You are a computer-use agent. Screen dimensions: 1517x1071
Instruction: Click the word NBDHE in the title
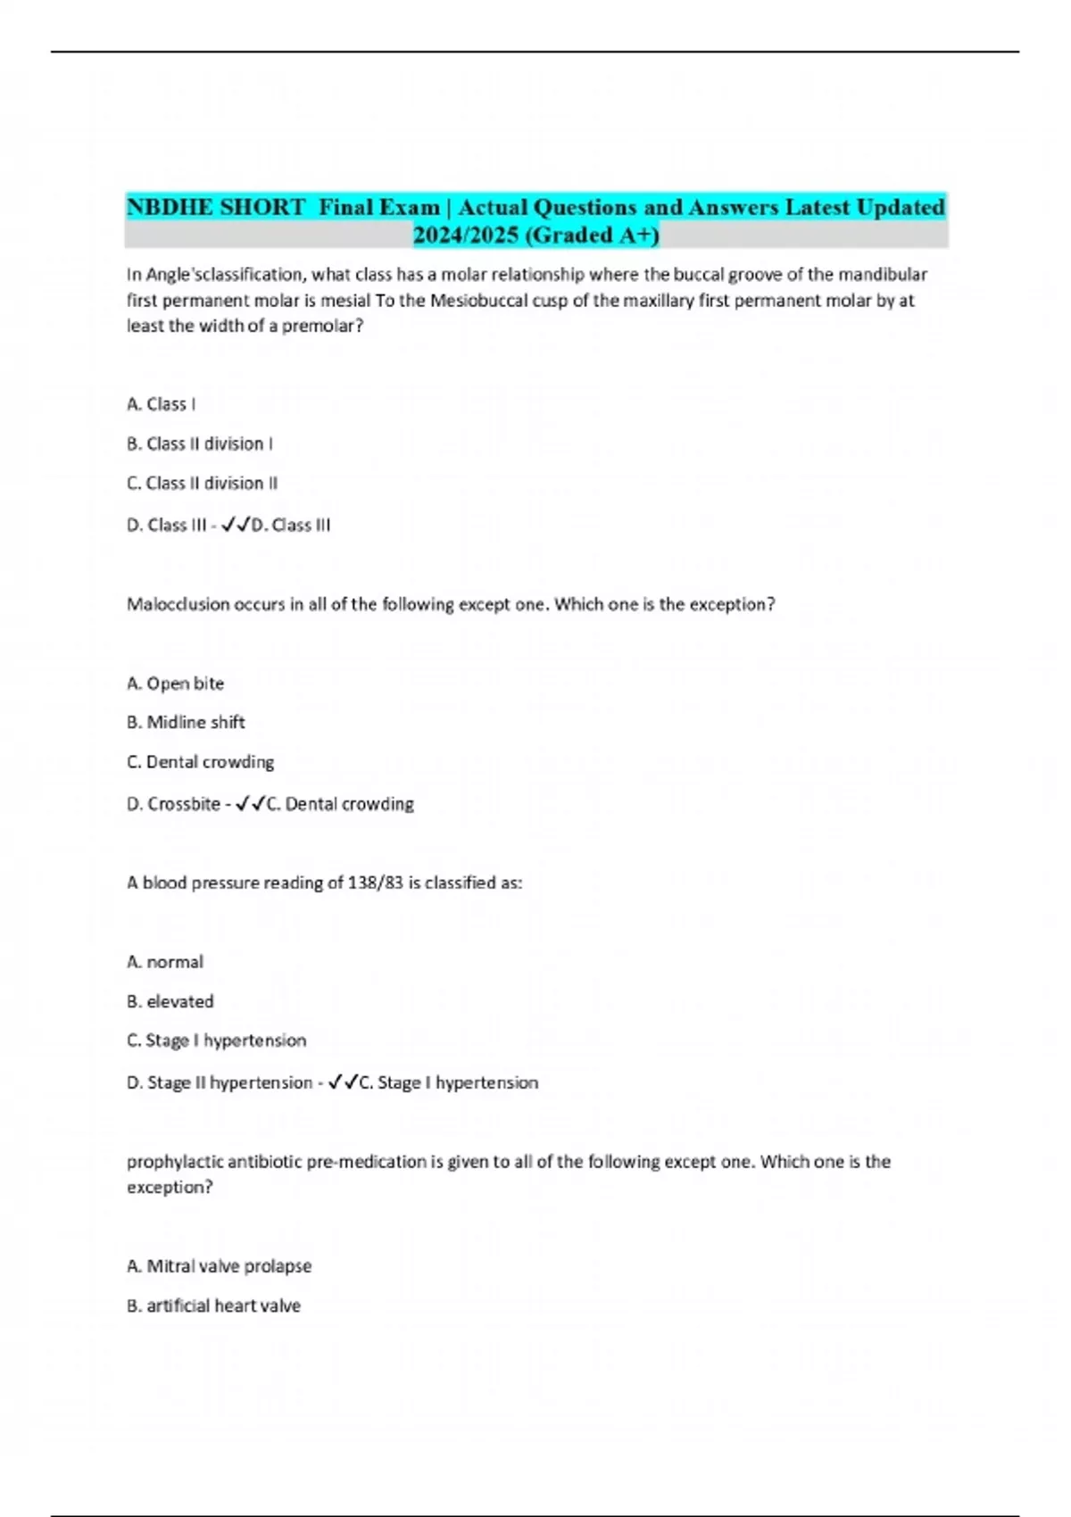click(x=170, y=207)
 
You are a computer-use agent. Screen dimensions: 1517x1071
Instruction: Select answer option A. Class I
click(x=162, y=404)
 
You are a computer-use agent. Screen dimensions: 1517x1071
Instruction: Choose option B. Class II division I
click(x=200, y=443)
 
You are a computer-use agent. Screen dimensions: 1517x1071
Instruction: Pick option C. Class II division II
click(x=203, y=484)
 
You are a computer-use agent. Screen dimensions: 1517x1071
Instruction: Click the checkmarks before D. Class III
click(x=236, y=526)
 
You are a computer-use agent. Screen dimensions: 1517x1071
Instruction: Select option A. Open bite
click(x=176, y=684)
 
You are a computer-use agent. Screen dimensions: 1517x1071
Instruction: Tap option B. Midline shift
click(x=186, y=723)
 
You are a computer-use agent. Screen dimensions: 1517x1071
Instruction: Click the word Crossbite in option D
click(x=184, y=804)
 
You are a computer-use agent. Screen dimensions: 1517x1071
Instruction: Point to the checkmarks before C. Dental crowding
click(x=251, y=804)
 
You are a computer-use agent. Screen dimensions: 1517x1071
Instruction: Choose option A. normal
click(x=165, y=962)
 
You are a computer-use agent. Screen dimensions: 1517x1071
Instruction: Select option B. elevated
click(x=170, y=1002)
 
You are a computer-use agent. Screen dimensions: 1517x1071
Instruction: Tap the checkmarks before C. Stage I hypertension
click(x=344, y=1082)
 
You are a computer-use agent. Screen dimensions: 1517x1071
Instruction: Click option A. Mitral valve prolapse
click(x=220, y=1266)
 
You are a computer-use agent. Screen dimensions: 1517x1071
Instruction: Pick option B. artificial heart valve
click(x=214, y=1306)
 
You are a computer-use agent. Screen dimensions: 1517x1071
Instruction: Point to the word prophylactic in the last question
click(x=175, y=1162)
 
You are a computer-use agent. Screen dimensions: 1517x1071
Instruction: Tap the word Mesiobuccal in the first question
click(x=478, y=301)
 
